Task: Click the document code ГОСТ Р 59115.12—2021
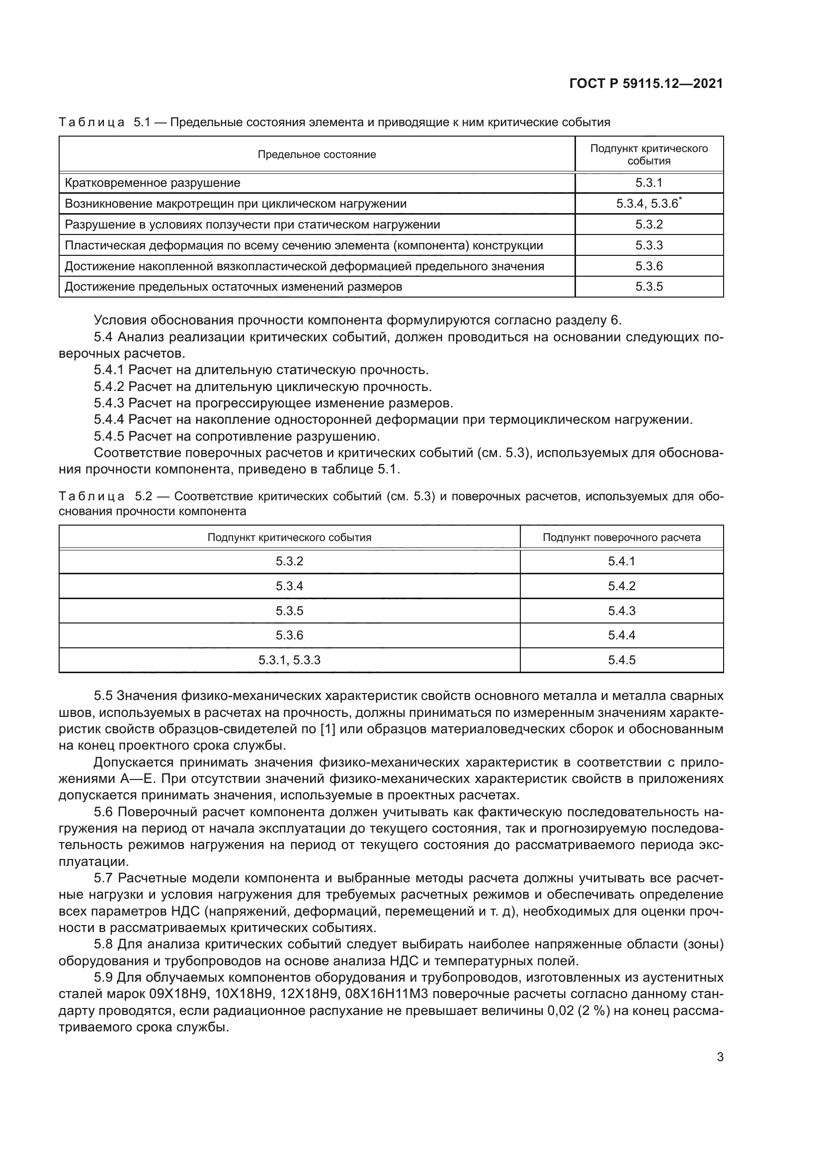[x=647, y=83]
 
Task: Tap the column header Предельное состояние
[x=317, y=155]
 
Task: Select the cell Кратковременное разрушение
[x=153, y=183]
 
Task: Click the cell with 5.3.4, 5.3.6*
[x=649, y=204]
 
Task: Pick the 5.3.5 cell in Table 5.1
[x=649, y=287]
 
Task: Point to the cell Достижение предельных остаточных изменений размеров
[x=234, y=287]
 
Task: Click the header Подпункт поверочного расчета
[x=622, y=537]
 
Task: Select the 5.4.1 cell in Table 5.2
[x=622, y=561]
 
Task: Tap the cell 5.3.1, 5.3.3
[x=290, y=660]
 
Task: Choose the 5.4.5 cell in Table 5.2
[x=622, y=660]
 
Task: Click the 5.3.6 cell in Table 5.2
[x=290, y=635]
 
